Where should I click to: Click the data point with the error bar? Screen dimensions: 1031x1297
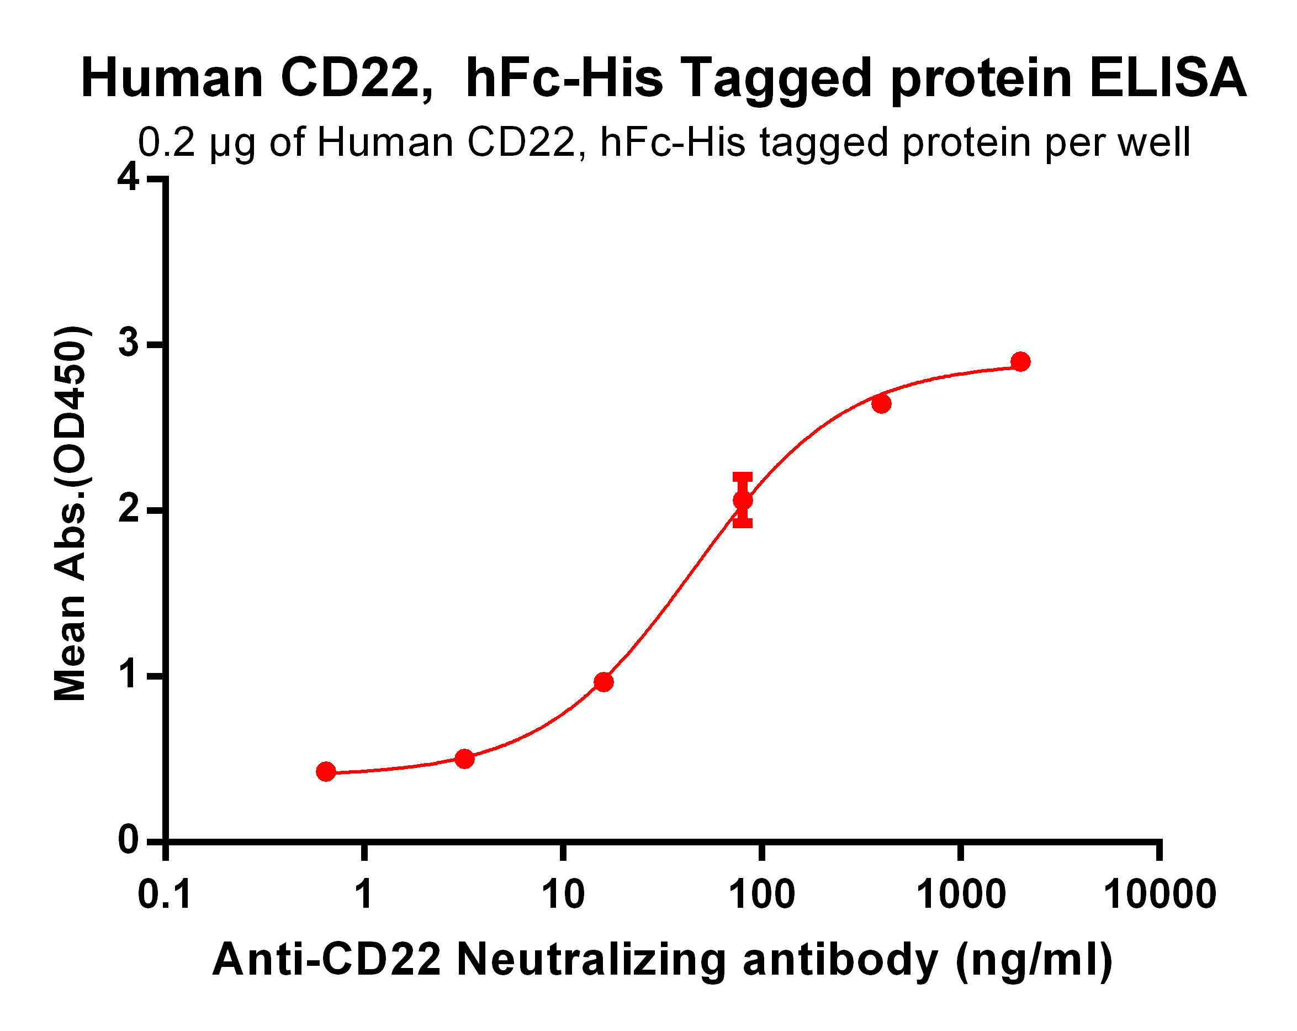pos(742,500)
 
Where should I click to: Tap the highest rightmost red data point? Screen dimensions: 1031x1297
pos(1020,362)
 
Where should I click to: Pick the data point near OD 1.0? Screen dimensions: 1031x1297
pos(603,682)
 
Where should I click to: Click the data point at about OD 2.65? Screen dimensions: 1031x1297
pos(881,404)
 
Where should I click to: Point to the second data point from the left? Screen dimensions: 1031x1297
pos(464,759)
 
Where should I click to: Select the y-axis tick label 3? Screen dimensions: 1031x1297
pos(128,344)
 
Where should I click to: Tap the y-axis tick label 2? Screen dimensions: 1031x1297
pos(128,511)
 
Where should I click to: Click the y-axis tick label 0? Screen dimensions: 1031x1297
pos(128,840)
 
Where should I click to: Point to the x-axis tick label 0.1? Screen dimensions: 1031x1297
pos(165,895)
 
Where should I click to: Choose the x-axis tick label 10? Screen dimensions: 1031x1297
pos(563,895)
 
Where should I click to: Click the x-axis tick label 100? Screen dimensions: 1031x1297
pos(761,895)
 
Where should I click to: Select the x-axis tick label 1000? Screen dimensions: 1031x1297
pos(960,895)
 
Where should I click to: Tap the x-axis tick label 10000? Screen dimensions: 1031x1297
pos(1160,895)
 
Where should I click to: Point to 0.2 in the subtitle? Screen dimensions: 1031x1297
pos(167,143)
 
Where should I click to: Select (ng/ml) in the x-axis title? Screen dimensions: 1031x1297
pos(1034,959)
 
